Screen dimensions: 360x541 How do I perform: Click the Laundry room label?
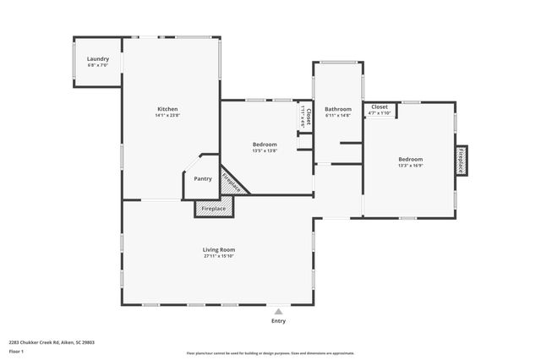(x=98, y=59)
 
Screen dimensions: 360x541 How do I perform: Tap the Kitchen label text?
(x=167, y=109)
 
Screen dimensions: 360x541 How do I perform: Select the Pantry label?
(x=203, y=178)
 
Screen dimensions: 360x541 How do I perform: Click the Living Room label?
(x=218, y=249)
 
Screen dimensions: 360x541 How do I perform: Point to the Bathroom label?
(x=338, y=109)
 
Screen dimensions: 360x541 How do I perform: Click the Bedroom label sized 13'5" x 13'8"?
(x=265, y=145)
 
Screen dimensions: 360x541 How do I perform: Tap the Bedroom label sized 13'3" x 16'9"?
(x=411, y=159)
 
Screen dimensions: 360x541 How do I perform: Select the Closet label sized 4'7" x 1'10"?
(x=380, y=107)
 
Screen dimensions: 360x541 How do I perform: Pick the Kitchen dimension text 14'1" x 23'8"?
(x=167, y=116)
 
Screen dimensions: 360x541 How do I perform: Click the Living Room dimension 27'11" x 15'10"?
(x=218, y=256)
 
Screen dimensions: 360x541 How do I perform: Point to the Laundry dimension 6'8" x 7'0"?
(x=98, y=66)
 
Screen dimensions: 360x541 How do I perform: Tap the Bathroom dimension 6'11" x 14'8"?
(x=338, y=116)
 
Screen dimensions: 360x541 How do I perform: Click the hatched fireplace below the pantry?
(x=213, y=208)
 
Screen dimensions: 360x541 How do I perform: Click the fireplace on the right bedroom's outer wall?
(x=461, y=160)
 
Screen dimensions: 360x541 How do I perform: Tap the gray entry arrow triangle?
(x=278, y=312)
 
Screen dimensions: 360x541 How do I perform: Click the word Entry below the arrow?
(x=278, y=321)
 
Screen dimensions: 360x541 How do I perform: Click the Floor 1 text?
(x=16, y=350)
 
